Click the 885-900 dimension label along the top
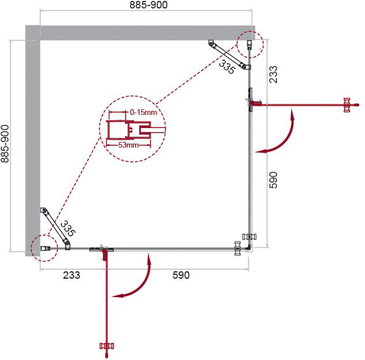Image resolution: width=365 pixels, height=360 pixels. click(x=148, y=5)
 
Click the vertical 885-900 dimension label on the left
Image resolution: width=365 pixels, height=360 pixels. click(x=5, y=144)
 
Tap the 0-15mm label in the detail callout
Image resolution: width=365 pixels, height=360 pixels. click(x=143, y=112)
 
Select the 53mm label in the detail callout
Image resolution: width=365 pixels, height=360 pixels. click(x=128, y=145)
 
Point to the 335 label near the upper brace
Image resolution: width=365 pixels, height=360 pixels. click(x=227, y=67)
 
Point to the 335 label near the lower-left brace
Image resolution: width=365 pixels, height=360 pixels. click(x=68, y=228)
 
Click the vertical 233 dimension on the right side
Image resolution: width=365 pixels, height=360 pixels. click(x=274, y=74)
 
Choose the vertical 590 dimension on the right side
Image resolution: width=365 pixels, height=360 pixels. click(x=274, y=180)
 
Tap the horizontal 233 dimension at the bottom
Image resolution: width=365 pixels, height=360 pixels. click(x=72, y=275)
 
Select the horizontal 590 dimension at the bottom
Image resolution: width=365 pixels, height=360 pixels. click(x=181, y=275)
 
